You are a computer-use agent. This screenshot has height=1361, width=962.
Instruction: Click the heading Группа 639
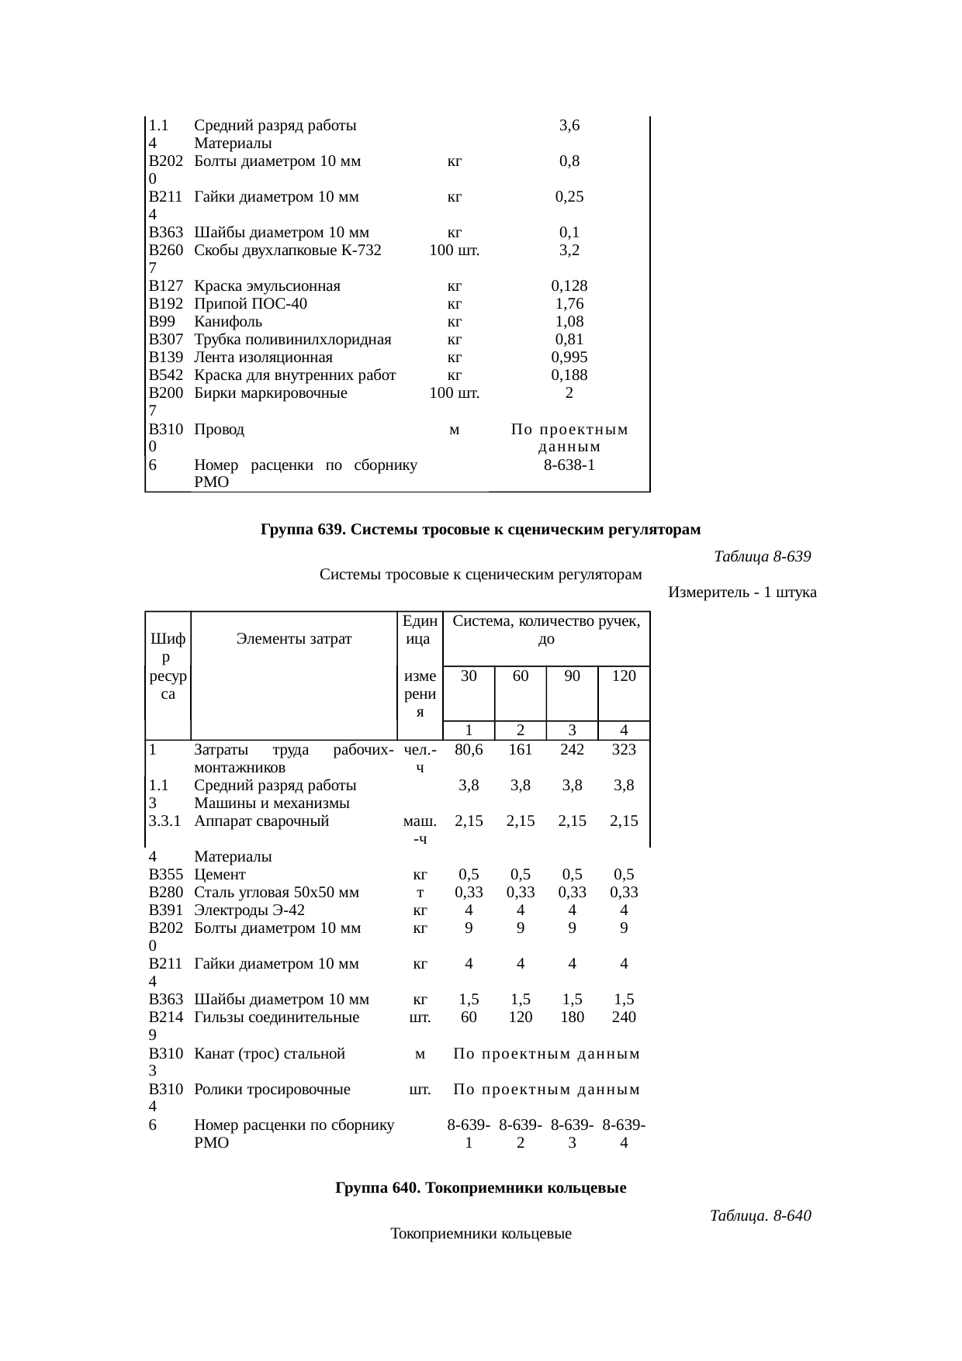(480, 530)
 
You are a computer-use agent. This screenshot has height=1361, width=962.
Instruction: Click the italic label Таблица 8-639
(761, 557)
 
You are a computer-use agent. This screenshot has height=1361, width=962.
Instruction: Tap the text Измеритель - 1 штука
(742, 592)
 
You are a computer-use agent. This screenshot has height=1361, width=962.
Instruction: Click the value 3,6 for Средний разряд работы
(569, 126)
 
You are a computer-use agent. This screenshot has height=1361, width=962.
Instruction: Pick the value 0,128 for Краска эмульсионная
(569, 286)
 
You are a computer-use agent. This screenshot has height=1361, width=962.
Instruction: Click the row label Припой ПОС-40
(251, 304)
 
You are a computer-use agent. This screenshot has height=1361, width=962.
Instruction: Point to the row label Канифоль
(228, 322)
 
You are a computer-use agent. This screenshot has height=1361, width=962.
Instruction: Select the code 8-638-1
(569, 465)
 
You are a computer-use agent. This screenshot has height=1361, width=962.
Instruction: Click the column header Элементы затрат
(294, 639)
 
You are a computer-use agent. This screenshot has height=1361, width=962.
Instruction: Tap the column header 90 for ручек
(572, 675)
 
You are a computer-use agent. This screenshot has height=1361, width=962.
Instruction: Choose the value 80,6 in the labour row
(469, 749)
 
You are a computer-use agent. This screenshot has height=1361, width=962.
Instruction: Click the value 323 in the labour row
(624, 749)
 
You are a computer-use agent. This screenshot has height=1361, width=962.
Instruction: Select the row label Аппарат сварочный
(261, 820)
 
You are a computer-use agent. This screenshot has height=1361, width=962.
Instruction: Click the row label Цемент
(220, 874)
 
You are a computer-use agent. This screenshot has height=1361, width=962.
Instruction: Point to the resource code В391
(165, 910)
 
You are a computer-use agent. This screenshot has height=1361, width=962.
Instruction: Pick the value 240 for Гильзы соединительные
(624, 1017)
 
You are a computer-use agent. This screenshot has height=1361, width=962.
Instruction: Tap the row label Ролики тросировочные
(272, 1090)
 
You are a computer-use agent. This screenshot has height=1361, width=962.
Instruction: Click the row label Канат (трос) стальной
(269, 1054)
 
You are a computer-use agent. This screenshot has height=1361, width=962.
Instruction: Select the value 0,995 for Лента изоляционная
(569, 358)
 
